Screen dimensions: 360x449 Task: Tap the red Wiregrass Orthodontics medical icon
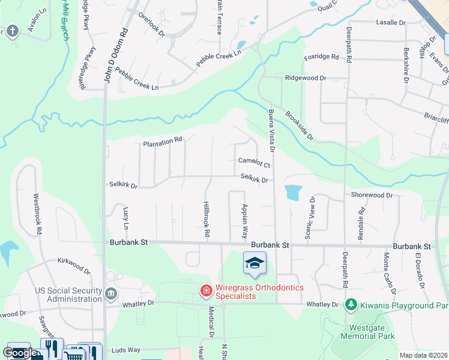point(206,291)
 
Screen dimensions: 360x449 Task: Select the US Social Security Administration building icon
point(111,293)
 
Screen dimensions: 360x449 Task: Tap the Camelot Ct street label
point(255,162)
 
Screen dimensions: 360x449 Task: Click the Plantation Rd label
point(162,142)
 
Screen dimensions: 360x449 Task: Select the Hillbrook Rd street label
point(206,217)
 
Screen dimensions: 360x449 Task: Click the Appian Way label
point(244,220)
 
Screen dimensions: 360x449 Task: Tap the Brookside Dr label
point(299,125)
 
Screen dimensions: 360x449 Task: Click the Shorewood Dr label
point(372,196)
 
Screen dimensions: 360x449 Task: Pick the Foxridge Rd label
point(321,58)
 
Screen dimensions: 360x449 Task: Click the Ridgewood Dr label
point(306,78)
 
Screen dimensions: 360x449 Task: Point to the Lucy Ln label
point(125,219)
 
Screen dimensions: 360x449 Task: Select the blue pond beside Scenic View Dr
point(292,192)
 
